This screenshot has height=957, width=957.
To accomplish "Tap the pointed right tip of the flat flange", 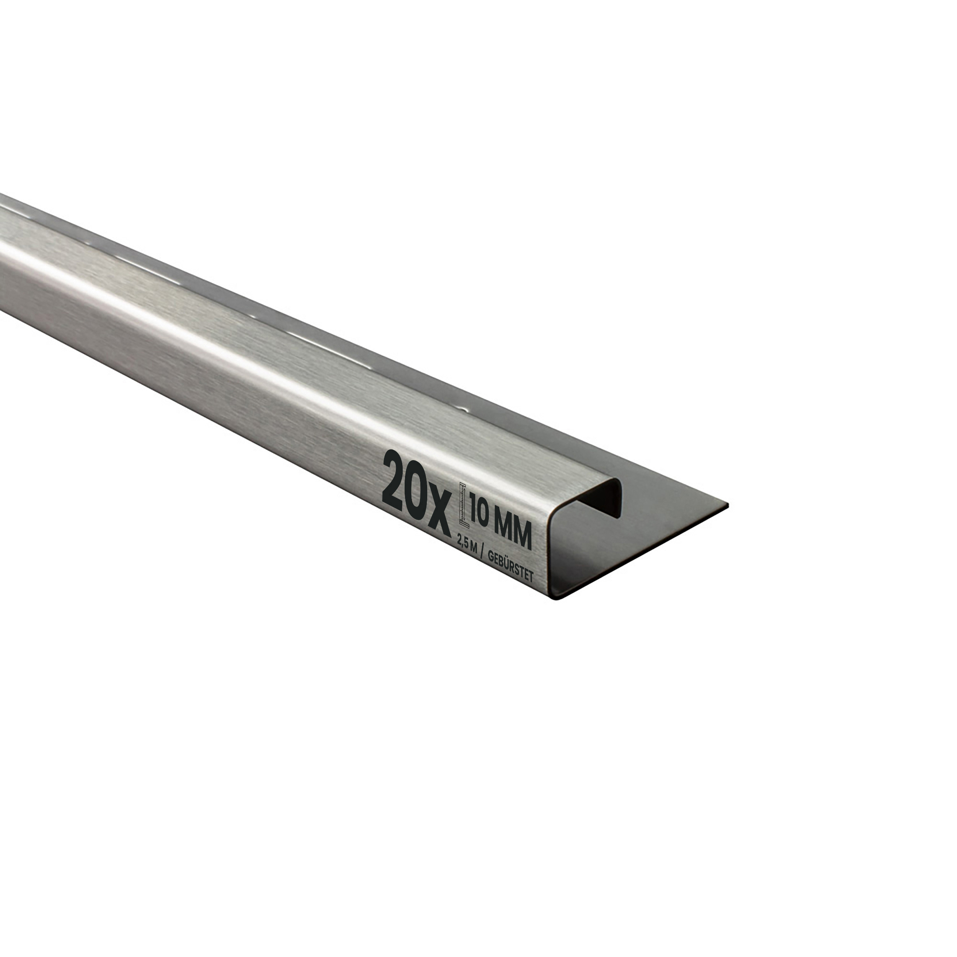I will coord(728,505).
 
